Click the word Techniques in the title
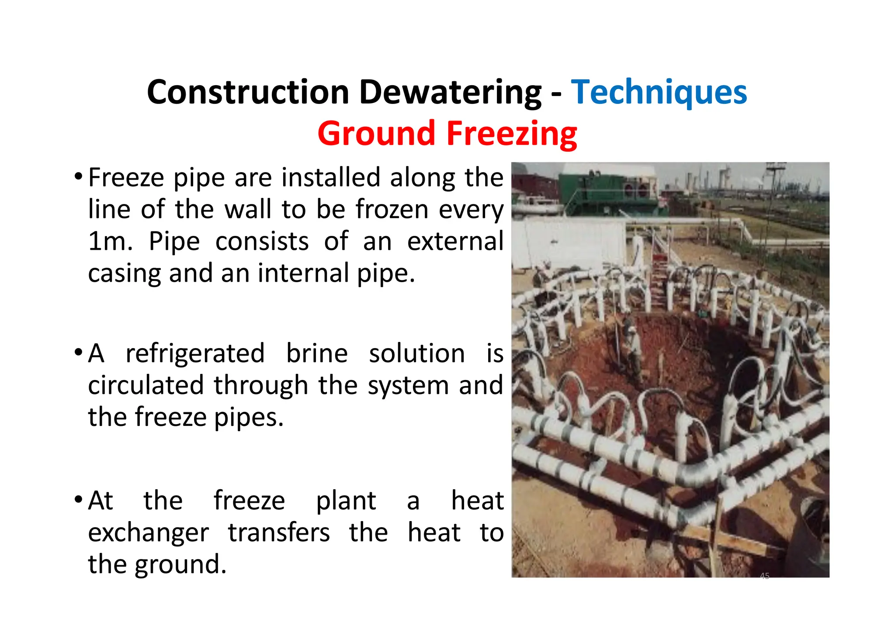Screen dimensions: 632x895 click(659, 93)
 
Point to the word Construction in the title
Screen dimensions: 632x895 click(248, 93)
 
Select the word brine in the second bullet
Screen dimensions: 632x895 click(317, 353)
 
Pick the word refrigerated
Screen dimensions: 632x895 click(195, 353)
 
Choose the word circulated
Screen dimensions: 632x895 click(146, 385)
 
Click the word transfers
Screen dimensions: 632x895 click(279, 533)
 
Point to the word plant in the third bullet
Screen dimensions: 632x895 click(346, 501)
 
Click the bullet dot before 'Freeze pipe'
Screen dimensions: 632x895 click(78, 177)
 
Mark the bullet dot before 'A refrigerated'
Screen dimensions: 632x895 click(78, 352)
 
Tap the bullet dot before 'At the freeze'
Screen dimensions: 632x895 click(78, 499)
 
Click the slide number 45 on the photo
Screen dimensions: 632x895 click(764, 576)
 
